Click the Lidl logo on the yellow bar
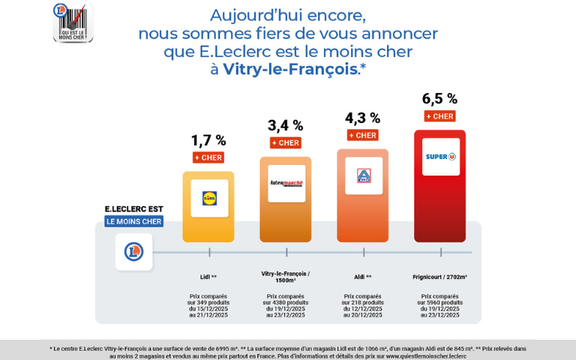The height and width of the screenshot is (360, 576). click(x=209, y=198)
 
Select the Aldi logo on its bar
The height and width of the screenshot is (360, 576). click(x=363, y=176)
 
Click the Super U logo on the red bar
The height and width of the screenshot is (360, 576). click(x=440, y=157)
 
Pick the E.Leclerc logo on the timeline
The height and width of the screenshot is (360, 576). click(x=133, y=251)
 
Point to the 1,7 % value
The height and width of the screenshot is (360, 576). click(x=208, y=140)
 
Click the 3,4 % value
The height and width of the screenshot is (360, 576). click(x=286, y=125)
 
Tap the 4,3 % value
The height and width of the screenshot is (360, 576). click(x=362, y=118)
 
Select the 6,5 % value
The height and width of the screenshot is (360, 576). click(x=439, y=98)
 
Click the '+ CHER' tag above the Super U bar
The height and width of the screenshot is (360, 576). click(x=439, y=116)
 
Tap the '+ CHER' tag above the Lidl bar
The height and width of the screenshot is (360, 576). click(x=208, y=157)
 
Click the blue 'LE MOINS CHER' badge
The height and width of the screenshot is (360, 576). click(x=133, y=221)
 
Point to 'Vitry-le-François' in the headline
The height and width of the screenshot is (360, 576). click(x=289, y=69)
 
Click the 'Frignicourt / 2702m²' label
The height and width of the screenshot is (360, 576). click(x=439, y=277)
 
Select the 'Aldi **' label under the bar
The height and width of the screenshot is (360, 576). click(x=363, y=277)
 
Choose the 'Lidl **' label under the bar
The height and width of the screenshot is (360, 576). click(x=208, y=277)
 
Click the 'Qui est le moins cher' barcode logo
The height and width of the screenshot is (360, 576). click(x=73, y=22)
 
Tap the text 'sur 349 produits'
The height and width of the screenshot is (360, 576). click(x=208, y=302)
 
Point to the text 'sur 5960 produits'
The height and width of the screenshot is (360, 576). click(x=439, y=302)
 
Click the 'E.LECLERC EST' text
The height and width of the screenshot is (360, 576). click(x=133, y=208)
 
